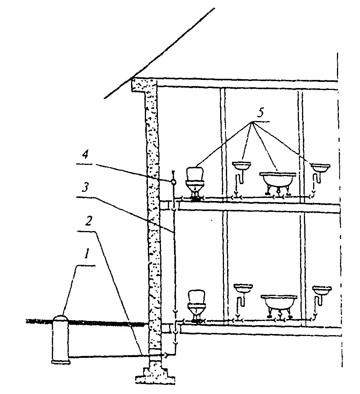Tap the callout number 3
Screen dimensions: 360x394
86,188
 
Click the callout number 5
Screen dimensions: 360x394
260,113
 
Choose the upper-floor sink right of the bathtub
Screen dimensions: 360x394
320,168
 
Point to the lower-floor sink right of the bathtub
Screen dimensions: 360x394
322,291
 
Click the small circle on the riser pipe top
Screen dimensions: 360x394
173,181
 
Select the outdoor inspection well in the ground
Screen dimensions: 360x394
61,340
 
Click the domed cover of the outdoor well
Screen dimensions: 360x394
61,319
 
